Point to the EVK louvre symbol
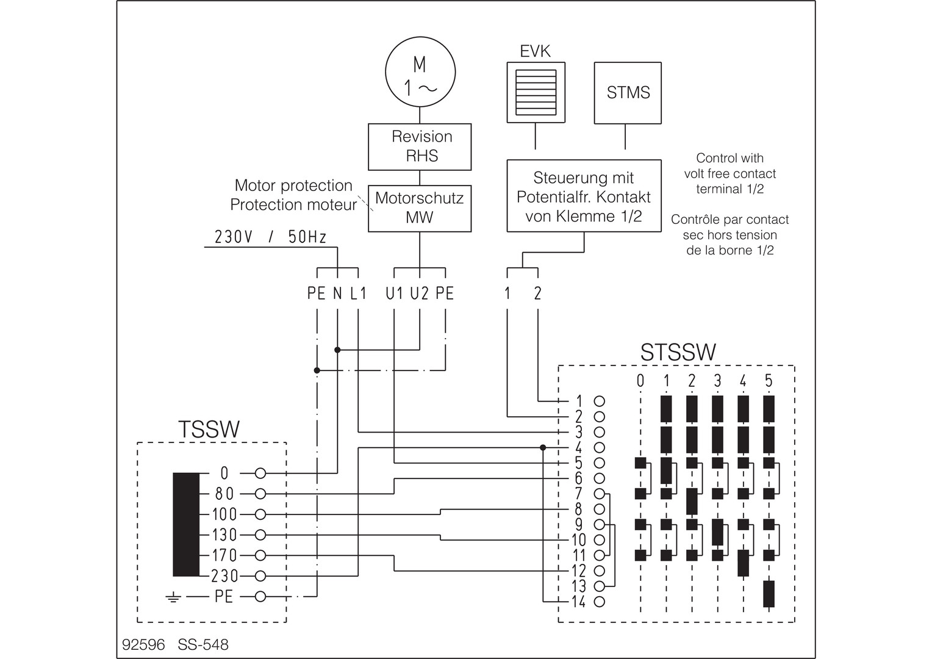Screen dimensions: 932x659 click(x=536, y=92)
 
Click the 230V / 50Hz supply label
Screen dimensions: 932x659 click(x=270, y=237)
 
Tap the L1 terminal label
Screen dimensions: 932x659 click(x=358, y=293)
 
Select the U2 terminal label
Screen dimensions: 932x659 click(x=420, y=293)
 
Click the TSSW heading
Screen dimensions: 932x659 click(x=209, y=429)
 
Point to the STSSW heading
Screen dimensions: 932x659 click(x=678, y=352)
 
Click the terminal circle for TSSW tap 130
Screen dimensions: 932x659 click(x=260, y=535)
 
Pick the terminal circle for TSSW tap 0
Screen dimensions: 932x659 click(x=260, y=474)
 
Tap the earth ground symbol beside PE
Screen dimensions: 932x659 click(x=173, y=598)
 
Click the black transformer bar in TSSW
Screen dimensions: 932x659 click(x=186, y=525)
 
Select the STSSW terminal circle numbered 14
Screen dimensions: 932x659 click(x=599, y=602)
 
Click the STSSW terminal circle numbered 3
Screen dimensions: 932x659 click(x=599, y=432)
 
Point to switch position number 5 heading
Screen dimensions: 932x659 click(x=769, y=381)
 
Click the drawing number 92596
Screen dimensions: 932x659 click(x=143, y=644)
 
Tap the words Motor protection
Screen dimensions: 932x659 click(x=293, y=185)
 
